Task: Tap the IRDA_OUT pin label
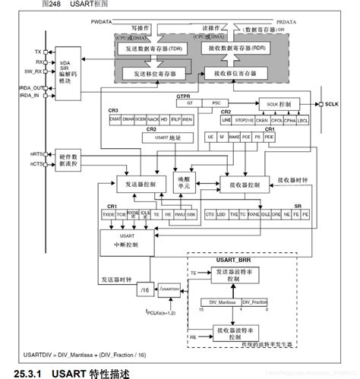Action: (x=32, y=87)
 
